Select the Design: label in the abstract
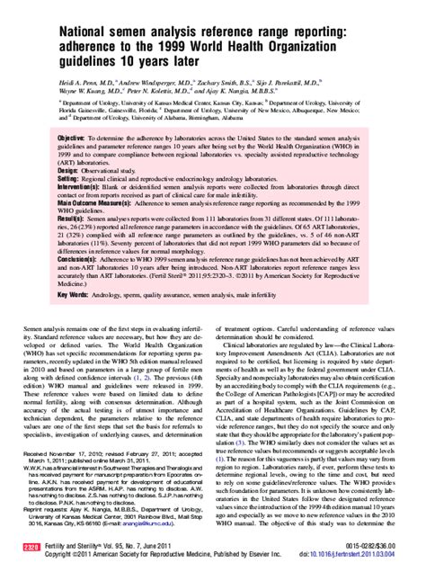68,170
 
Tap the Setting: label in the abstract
69,178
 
